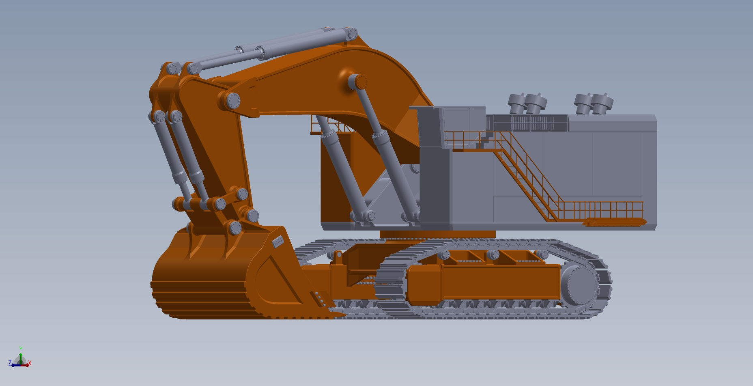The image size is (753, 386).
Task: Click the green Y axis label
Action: [x=21, y=349]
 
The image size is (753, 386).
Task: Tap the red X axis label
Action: [x=30, y=363]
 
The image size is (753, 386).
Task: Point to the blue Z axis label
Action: [x=10, y=363]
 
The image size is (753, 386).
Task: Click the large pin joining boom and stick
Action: [x=233, y=101]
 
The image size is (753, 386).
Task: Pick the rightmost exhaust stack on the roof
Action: [x=602, y=104]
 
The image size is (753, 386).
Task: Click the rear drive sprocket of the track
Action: [x=579, y=286]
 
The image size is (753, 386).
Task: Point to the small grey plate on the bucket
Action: [x=278, y=242]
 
